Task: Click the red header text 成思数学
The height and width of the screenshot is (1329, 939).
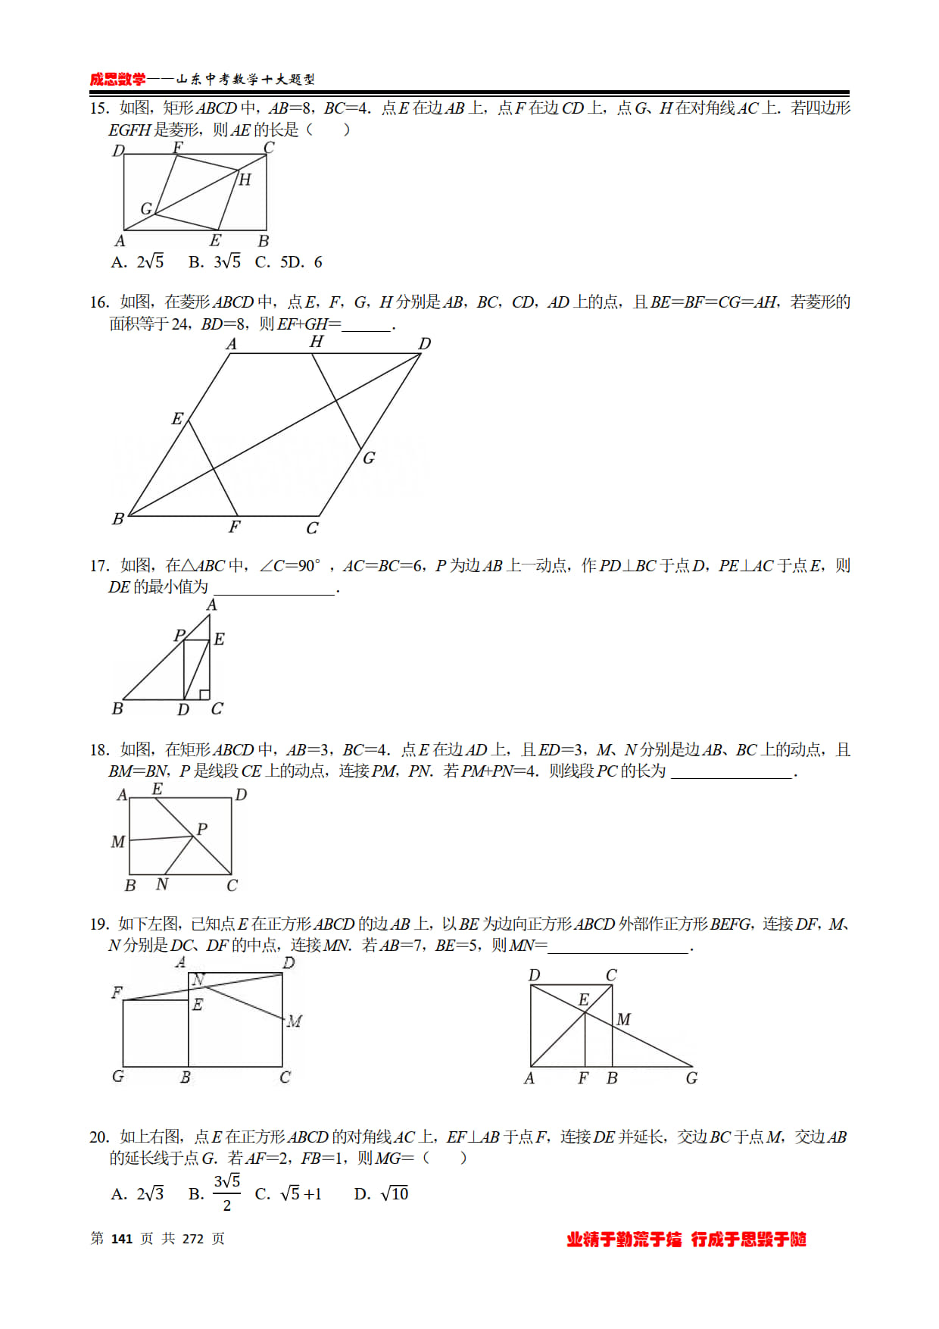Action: tap(117, 80)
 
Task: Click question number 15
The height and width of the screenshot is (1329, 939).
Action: tap(98, 108)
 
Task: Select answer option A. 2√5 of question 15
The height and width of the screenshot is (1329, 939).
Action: tap(138, 262)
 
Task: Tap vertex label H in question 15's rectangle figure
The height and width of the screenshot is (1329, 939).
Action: tap(245, 180)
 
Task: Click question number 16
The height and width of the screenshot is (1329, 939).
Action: tap(98, 302)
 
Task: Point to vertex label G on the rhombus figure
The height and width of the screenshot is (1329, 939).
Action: tap(369, 458)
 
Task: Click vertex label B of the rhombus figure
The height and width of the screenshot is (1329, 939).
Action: tap(118, 519)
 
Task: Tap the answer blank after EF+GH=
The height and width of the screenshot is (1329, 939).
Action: tap(367, 325)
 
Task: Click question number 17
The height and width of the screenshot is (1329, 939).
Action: tap(98, 566)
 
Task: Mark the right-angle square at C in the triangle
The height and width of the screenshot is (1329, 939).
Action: tap(204, 695)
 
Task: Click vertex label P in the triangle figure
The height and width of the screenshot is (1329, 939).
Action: tap(179, 635)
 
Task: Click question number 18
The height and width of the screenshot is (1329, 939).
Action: tap(98, 750)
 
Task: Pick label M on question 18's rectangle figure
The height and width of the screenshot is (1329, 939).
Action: tap(118, 842)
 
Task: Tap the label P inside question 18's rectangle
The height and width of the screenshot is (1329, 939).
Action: tap(202, 829)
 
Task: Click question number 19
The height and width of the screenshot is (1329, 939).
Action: tap(98, 924)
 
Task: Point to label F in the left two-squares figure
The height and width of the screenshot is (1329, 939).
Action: tap(117, 993)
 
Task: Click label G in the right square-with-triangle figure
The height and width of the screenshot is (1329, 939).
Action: tap(691, 1078)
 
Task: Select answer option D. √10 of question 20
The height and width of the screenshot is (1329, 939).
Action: tap(382, 1194)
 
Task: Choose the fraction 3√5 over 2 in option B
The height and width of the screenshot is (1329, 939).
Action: tap(226, 1193)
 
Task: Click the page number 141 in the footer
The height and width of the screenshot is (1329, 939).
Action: tap(122, 1239)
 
